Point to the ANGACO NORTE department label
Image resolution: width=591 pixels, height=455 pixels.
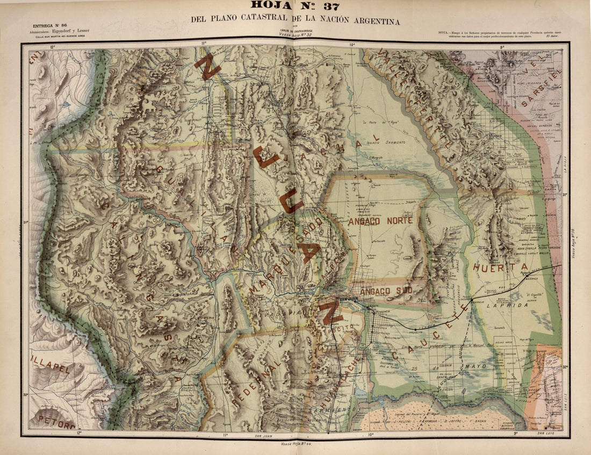(380, 221)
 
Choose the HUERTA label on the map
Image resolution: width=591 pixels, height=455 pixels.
(500, 267)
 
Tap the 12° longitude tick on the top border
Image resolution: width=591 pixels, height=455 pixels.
(53, 47)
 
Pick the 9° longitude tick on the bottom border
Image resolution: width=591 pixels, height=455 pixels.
(515, 433)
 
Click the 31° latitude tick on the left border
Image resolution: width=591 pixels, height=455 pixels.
(26, 221)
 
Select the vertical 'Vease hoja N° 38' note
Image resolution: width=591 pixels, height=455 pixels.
(573, 242)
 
